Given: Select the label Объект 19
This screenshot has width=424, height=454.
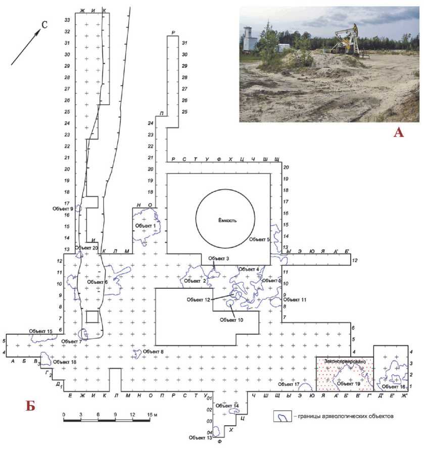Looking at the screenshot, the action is pos(348,383).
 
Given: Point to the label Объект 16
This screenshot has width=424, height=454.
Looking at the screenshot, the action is pos(394,387).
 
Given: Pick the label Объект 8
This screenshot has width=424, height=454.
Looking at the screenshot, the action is pos(154,351).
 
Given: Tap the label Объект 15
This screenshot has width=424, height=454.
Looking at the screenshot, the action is pos(40,331).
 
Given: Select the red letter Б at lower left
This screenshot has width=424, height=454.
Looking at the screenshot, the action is pos(30,405).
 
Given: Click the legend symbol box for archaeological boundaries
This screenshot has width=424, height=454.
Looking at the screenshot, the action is pos(282,417).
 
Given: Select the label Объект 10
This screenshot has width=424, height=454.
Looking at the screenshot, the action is pos(230,319).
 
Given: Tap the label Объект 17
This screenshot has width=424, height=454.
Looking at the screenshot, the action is pos(289,384).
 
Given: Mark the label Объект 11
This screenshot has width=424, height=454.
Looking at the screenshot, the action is pos(296,300).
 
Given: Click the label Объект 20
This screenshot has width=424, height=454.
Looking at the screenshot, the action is pos(86,247).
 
